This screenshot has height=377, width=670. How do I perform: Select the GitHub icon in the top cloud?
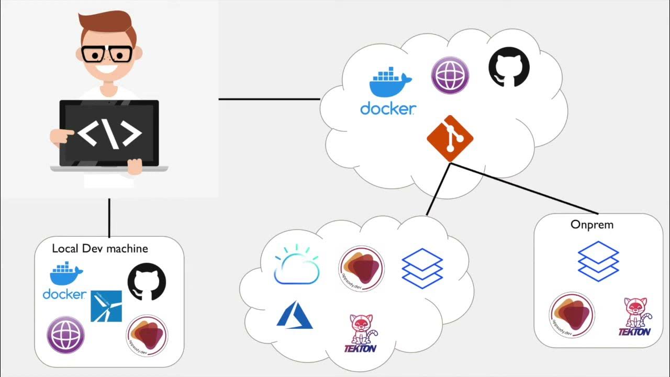click(509, 67)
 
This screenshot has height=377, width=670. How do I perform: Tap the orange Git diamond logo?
click(450, 139)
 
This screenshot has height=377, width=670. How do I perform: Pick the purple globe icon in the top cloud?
click(450, 75)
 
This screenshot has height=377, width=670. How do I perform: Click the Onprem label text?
click(591, 225)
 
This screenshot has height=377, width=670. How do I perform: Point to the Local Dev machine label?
click(100, 248)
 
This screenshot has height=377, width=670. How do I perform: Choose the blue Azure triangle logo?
click(294, 315)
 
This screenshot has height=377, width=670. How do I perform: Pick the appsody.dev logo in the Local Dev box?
click(147, 336)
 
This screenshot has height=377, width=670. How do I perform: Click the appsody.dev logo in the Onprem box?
click(572, 315)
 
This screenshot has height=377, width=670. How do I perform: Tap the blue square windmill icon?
click(106, 306)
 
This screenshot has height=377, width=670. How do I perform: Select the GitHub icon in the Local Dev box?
click(147, 282)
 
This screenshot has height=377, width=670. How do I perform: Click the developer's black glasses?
click(107, 54)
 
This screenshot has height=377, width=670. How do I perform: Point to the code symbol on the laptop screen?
click(109, 134)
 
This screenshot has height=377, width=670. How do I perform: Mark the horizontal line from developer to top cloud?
click(269, 98)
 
